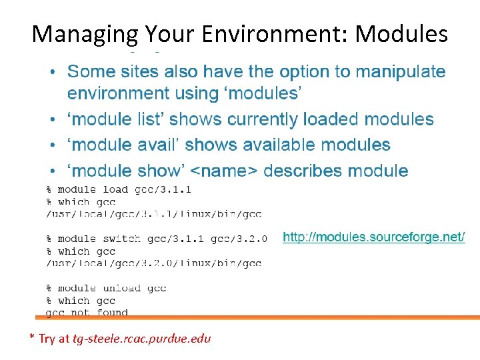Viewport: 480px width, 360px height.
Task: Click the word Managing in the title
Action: [x=85, y=33]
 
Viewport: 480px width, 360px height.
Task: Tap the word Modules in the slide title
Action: [x=401, y=33]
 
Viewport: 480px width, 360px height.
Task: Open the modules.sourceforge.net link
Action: [x=373, y=237]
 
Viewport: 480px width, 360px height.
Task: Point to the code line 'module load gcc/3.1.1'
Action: [x=119, y=189]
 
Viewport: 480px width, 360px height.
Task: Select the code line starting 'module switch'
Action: [x=157, y=239]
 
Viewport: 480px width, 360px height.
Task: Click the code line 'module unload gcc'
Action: [x=106, y=288]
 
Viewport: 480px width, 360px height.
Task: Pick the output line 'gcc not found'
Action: [x=87, y=313]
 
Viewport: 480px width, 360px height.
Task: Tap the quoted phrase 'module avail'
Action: [x=121, y=145]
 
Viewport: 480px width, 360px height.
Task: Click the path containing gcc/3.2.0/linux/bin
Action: [x=153, y=263]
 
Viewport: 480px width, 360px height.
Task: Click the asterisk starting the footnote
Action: [x=32, y=337]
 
